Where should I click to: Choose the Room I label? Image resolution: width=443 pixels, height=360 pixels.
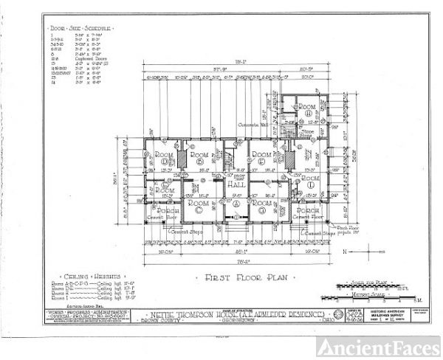[167, 190]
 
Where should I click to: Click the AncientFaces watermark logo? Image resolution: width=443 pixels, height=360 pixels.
[397, 344]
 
